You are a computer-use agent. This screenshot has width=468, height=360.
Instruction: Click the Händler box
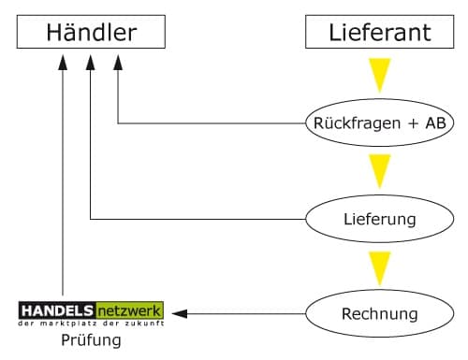coord(92,34)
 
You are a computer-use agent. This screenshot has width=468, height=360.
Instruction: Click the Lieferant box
coord(379,34)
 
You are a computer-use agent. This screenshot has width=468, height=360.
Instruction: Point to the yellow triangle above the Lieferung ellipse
coord(379,171)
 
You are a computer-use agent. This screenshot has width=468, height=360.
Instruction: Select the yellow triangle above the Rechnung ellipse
coord(379,266)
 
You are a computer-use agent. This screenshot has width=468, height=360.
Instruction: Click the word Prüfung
coord(91,340)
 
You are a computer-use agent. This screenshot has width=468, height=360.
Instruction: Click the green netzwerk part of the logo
coord(128,310)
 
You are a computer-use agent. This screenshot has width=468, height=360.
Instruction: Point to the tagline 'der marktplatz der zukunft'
coord(91,323)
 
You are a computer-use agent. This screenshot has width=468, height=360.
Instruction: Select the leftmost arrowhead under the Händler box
coord(63,62)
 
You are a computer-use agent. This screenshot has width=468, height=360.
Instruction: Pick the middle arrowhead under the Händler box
coord(91,62)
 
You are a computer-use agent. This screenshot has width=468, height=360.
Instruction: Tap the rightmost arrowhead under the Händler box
coord(119,62)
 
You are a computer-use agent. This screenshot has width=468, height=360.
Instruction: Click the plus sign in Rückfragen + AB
coord(409,122)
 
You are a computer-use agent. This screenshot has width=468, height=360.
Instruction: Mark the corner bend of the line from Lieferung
coord(91,219)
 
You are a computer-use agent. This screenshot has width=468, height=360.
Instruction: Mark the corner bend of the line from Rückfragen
coord(119,122)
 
